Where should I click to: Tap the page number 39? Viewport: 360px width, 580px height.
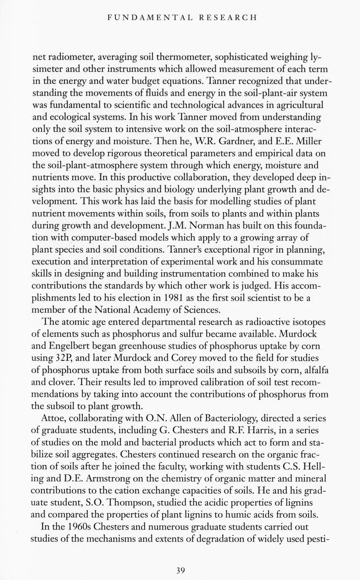click(180, 570)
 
